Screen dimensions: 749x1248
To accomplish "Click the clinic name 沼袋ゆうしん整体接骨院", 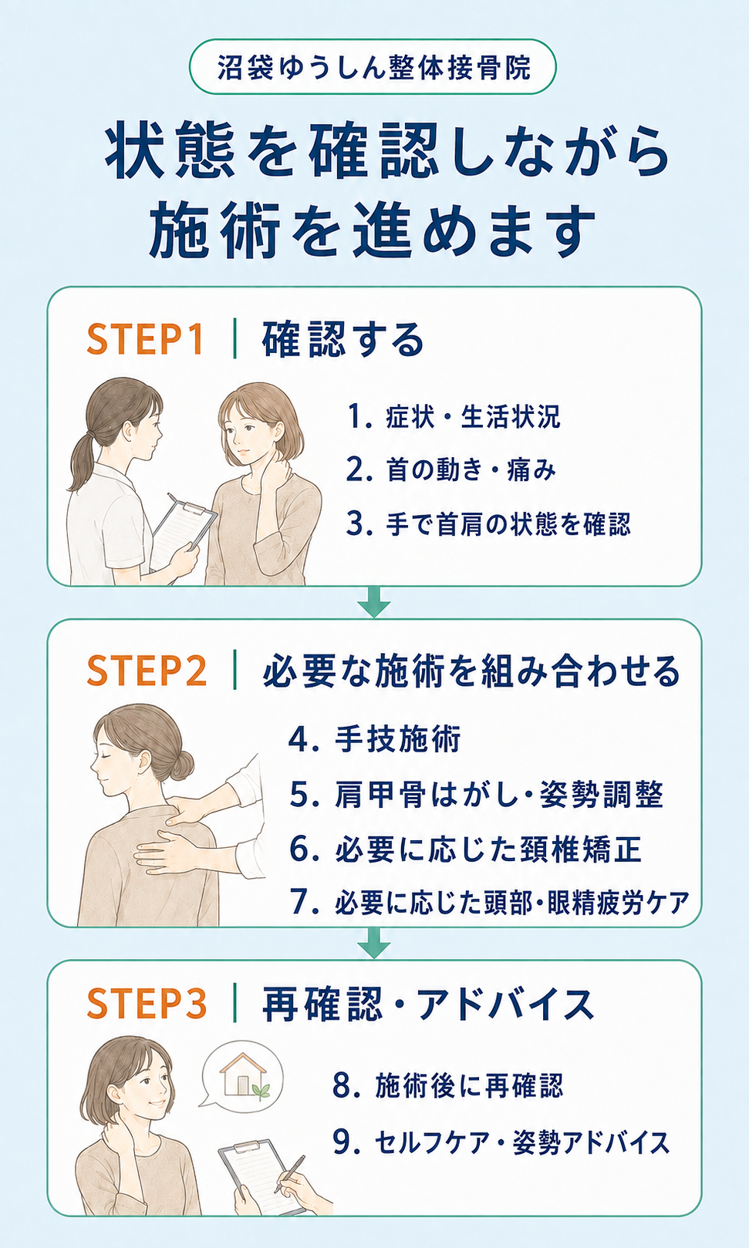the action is point(373,67).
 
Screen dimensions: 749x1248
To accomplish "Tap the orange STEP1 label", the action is point(145,339).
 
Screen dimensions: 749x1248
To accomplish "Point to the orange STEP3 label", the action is point(147,1004).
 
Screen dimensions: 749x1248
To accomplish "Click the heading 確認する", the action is point(343,339).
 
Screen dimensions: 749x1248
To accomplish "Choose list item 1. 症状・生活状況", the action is point(454,417).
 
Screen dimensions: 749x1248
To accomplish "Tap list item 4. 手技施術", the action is point(374,739).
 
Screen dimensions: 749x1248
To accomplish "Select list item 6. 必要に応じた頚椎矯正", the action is point(465,849).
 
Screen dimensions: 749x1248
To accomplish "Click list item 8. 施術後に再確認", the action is point(448,1085).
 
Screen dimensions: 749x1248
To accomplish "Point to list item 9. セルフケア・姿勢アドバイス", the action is point(501,1143).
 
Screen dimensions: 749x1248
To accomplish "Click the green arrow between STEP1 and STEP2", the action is point(374,602).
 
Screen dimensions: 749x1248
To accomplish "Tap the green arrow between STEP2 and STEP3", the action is point(374,943).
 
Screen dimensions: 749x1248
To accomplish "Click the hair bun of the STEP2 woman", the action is point(182,765).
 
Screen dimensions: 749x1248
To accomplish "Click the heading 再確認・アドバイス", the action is point(428,1004).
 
